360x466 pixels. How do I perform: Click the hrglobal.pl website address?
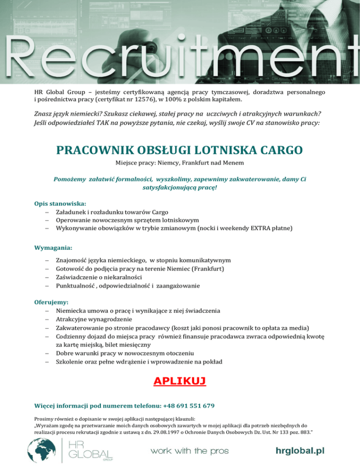(300, 451)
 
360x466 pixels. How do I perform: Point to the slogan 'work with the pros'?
(189, 451)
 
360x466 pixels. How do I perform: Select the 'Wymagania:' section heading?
(53, 247)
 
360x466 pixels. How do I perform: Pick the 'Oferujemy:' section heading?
(52, 302)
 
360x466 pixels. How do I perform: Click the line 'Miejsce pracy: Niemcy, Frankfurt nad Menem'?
(180, 163)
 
